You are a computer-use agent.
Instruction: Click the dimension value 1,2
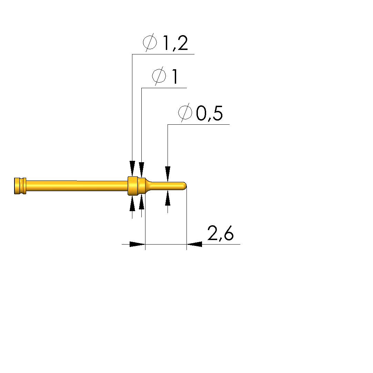(175, 43)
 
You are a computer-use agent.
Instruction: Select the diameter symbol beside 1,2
(150, 42)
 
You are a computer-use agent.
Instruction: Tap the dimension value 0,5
(209, 113)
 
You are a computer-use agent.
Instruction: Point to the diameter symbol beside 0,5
(185, 113)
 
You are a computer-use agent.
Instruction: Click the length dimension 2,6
(220, 233)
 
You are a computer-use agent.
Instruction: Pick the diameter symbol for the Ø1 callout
(159, 76)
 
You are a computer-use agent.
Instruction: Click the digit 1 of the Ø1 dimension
(175, 76)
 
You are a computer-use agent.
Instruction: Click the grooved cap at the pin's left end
(20, 186)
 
